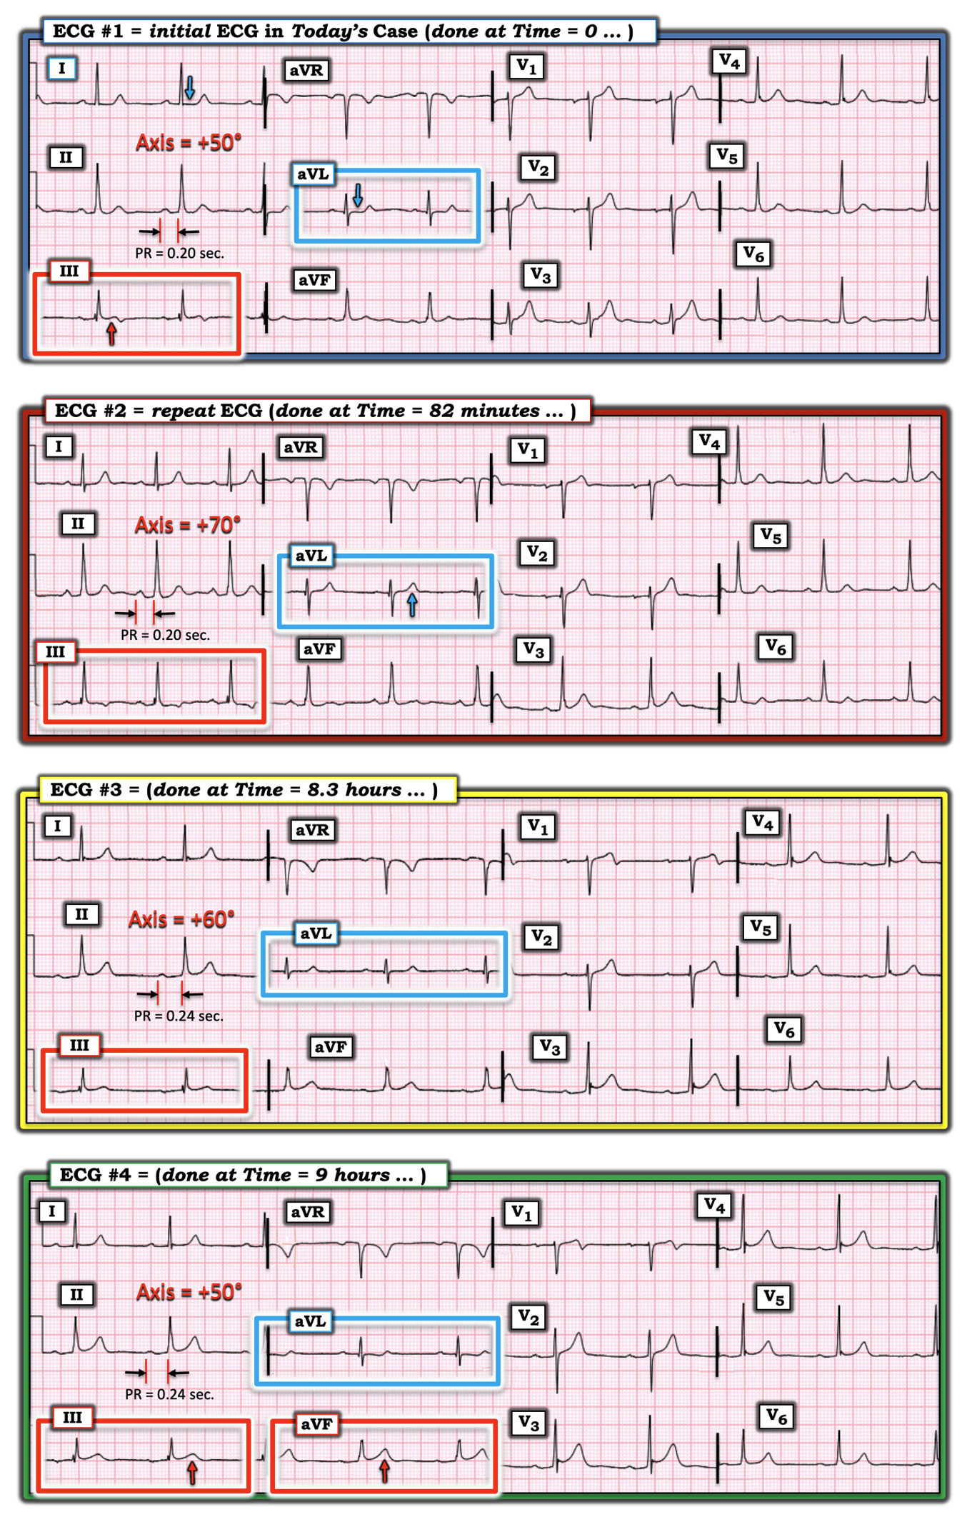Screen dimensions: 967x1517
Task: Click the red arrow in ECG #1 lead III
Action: click(x=111, y=333)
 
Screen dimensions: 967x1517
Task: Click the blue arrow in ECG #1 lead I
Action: click(x=189, y=87)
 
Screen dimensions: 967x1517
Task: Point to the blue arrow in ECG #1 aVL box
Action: click(x=358, y=194)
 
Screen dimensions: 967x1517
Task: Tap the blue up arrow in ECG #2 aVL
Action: click(x=412, y=604)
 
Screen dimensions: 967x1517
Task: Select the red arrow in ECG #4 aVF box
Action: click(x=384, y=1470)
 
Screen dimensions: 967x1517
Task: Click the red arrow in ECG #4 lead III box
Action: click(x=192, y=1471)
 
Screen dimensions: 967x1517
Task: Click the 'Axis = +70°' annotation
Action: click(x=188, y=525)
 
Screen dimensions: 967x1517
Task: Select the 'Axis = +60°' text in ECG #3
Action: click(x=181, y=919)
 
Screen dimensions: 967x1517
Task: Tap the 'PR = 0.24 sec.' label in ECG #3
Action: click(x=179, y=1016)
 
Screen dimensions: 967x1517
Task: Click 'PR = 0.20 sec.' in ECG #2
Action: click(x=165, y=635)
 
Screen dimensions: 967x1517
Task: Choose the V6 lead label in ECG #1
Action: click(x=753, y=254)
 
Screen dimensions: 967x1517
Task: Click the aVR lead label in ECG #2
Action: click(x=301, y=448)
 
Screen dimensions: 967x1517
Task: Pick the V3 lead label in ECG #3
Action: click(x=549, y=1048)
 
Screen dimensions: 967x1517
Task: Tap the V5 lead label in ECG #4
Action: click(x=774, y=1297)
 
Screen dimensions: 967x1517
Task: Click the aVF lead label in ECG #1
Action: click(x=314, y=280)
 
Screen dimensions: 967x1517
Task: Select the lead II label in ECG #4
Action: click(x=76, y=1294)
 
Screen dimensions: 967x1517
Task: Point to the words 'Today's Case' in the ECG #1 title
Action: click(x=354, y=31)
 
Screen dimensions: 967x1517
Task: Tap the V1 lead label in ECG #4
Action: click(x=522, y=1213)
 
